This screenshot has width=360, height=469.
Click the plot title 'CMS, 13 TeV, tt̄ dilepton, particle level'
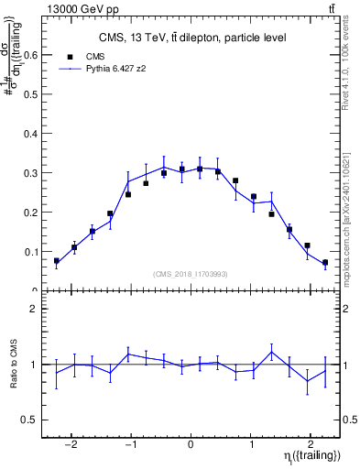[191, 38]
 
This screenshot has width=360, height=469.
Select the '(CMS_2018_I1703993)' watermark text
[190, 274]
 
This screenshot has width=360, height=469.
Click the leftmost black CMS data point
[57, 261]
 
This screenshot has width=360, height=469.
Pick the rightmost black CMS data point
[325, 263]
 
